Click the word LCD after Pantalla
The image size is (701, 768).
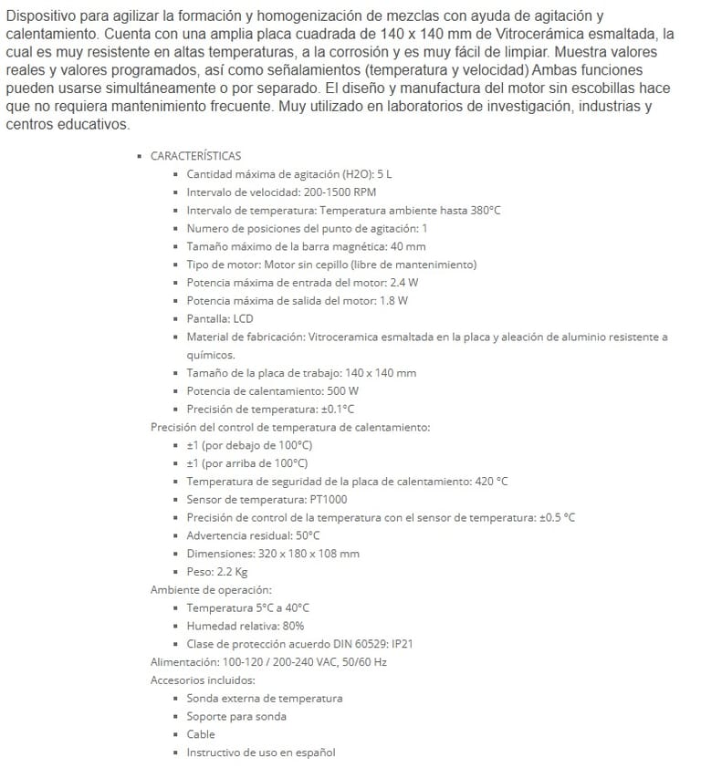[x=243, y=319]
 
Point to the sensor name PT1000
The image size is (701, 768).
[x=328, y=500]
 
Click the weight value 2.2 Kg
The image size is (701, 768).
[x=231, y=572]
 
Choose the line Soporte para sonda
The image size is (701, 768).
[x=236, y=716]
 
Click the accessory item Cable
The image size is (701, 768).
[x=201, y=734]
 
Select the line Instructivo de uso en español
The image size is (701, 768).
[x=261, y=752]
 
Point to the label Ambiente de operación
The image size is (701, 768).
[x=210, y=590]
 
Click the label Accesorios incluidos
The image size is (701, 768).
[x=202, y=680]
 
